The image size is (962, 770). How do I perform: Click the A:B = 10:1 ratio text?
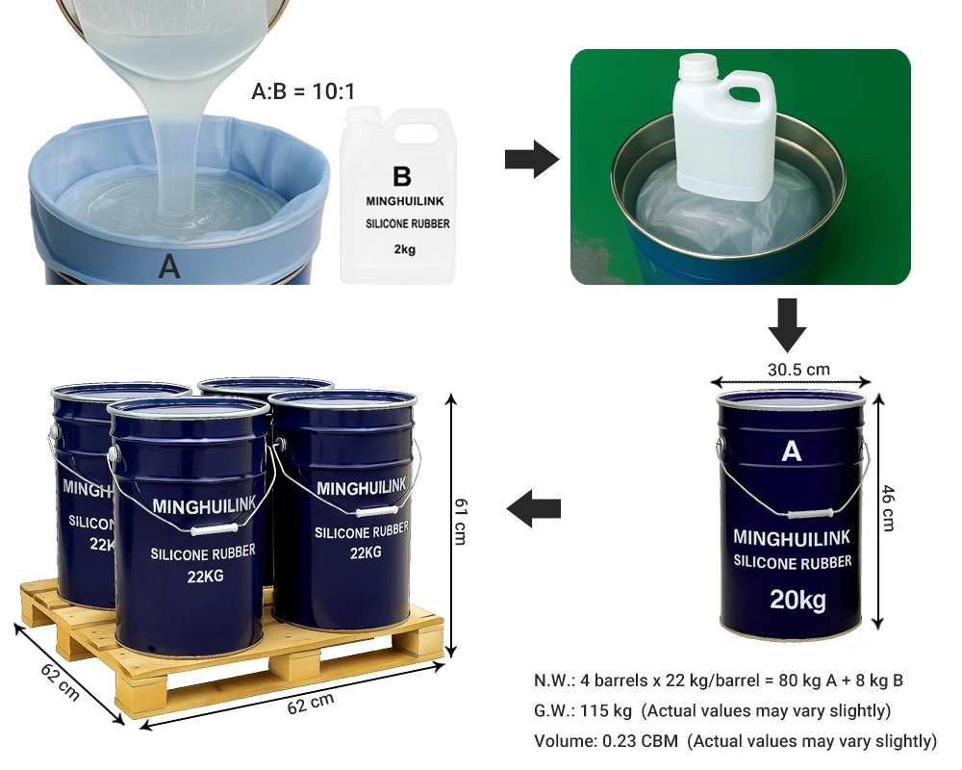click(303, 91)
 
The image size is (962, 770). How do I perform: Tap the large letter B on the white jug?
click(402, 176)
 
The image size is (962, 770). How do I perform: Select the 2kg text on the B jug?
click(405, 249)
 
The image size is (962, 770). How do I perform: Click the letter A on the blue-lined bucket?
click(169, 268)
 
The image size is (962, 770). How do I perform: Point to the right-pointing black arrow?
click(532, 160)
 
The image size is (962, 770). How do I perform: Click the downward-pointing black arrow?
click(787, 324)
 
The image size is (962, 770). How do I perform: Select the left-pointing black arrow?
click(534, 508)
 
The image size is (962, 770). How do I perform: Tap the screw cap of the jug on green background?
click(698, 64)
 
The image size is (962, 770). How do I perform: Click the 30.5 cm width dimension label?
click(798, 370)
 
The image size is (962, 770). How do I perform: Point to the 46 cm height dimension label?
click(888, 508)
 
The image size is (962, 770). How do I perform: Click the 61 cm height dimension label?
click(461, 522)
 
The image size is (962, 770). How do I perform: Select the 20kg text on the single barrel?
click(798, 600)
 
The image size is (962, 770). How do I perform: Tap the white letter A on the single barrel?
click(792, 451)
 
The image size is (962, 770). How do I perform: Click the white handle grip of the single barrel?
click(810, 514)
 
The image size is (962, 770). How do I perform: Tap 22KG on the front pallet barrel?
click(206, 577)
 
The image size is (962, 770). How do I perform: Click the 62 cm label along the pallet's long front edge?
click(311, 704)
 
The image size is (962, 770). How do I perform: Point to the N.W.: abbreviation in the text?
click(555, 680)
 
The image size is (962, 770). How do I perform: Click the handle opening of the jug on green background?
click(745, 94)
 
